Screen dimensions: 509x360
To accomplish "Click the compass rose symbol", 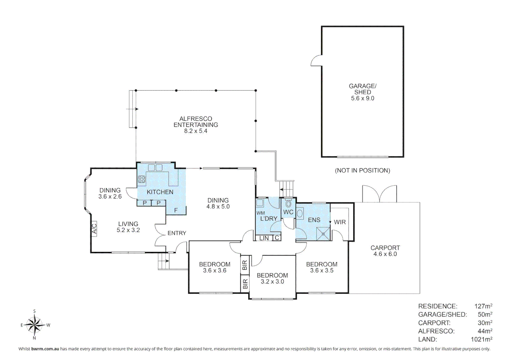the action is (34, 325).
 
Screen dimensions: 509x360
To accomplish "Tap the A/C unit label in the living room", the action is (94, 229).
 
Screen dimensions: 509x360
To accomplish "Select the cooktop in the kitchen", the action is (142, 179).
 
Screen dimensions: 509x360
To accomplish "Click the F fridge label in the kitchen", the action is (176, 210).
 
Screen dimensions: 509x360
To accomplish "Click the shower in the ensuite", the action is (323, 234).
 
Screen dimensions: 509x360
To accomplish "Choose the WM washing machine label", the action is (260, 213).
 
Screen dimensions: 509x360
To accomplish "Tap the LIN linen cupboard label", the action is (264, 238).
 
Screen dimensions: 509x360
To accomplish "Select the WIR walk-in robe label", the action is (340, 222).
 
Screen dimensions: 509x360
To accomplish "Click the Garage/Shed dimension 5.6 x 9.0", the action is (363, 98).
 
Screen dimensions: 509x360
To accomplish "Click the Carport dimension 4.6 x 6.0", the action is (385, 254).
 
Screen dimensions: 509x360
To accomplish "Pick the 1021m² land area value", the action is (481, 339).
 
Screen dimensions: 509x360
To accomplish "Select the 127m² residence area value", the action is (483, 306).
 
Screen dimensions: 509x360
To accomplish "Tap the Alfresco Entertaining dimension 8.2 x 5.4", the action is (196, 131).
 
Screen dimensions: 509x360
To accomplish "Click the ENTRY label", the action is (177, 233).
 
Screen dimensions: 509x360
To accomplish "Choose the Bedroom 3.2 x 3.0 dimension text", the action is (272, 281).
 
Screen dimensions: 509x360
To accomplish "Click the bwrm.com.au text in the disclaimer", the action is (45, 349).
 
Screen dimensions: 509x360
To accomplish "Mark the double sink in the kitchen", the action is (155, 168).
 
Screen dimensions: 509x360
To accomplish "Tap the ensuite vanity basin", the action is (300, 214).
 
